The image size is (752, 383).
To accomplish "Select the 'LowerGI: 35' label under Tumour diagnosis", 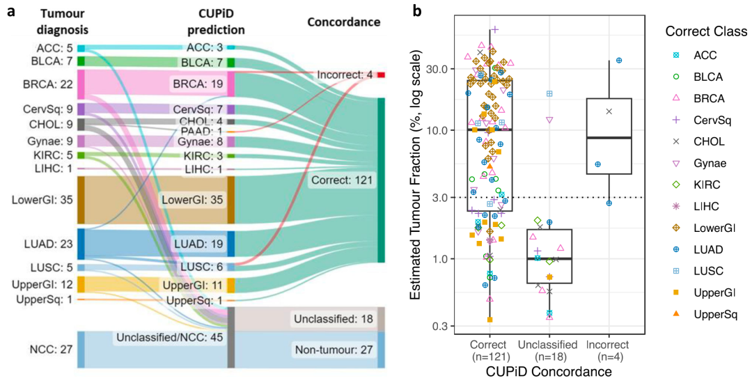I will pos(42,199).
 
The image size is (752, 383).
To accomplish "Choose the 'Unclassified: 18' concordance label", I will pos(334,320).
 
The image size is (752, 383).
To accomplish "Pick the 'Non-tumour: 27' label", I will pos(334,350).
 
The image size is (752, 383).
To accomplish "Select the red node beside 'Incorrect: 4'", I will pos(381,75).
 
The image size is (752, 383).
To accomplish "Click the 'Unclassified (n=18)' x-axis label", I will pos(547,351).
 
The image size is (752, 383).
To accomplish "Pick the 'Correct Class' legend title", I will pos(706,31).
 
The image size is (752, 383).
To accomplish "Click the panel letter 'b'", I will pos(416,10).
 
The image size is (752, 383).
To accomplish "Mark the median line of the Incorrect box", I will pos(609,138).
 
